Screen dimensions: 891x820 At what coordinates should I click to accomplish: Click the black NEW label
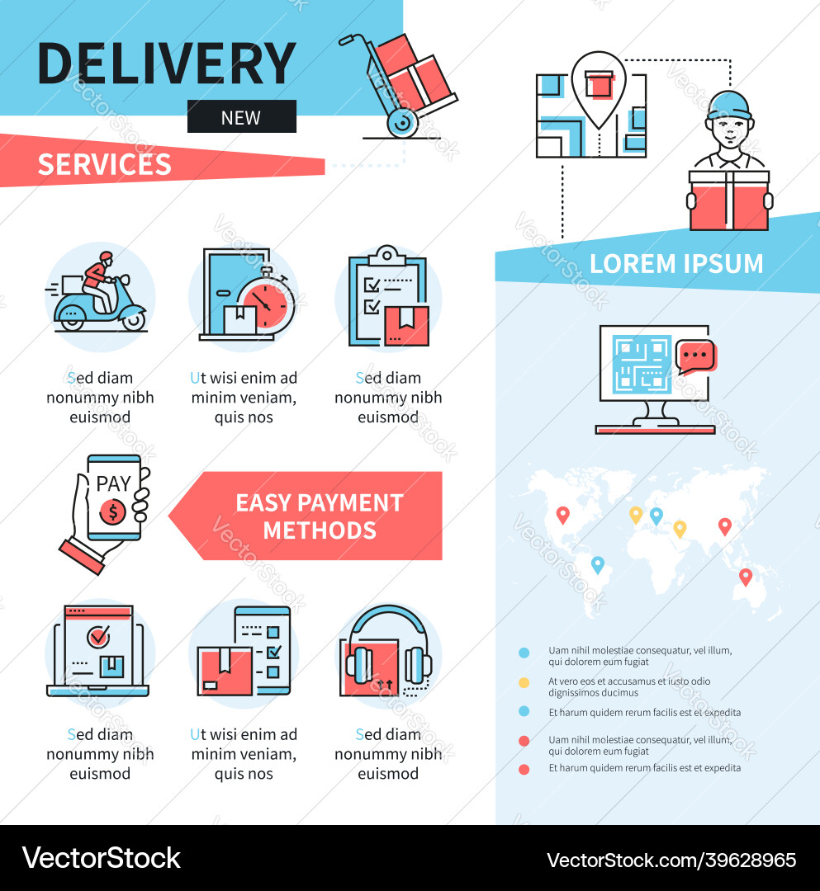point(241,117)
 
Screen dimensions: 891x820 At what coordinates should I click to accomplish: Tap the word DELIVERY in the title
point(167,64)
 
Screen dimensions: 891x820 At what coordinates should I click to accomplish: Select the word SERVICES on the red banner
point(104,164)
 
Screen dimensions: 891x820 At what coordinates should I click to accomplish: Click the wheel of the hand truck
point(401,123)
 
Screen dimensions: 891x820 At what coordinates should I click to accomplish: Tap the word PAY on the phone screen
point(112,483)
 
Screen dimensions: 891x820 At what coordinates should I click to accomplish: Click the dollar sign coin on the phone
point(112,511)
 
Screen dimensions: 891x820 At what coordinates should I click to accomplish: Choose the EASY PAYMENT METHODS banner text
point(319,516)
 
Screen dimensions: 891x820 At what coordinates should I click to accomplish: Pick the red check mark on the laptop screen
point(99,635)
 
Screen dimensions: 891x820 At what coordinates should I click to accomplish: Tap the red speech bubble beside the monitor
point(696,356)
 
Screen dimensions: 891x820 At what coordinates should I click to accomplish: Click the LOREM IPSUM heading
point(676,264)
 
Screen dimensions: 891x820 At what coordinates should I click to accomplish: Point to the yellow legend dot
point(524,682)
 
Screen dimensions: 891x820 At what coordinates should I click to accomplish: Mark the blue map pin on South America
point(597,564)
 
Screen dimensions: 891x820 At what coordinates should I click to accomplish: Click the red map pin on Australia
point(746,577)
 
